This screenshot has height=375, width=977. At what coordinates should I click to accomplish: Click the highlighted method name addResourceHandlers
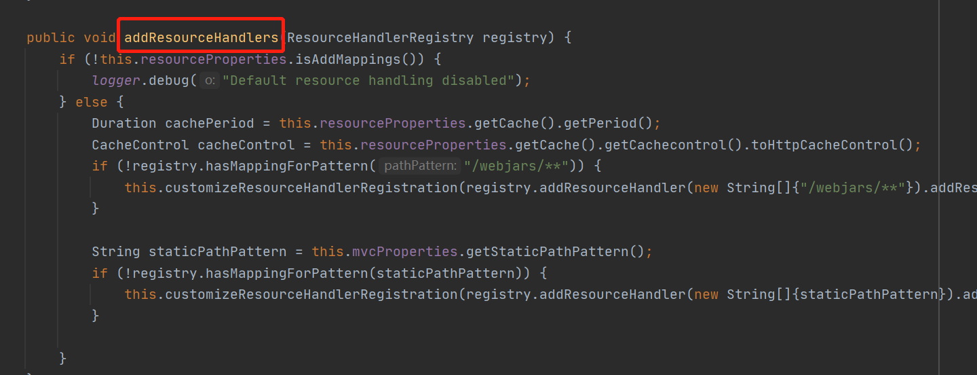click(x=201, y=37)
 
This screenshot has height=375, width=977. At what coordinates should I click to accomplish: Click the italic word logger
click(x=116, y=80)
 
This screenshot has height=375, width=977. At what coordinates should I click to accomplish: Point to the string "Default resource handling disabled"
click(x=368, y=80)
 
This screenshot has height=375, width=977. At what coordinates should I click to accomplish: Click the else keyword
click(x=92, y=102)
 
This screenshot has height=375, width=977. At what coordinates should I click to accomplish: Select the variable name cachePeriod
click(x=210, y=123)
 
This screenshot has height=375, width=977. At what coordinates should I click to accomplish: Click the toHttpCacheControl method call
click(x=824, y=145)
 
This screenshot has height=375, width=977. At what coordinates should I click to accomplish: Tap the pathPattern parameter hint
click(x=419, y=166)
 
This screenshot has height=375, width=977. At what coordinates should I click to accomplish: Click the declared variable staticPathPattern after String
click(x=218, y=251)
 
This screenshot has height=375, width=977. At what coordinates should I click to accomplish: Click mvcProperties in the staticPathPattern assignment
click(x=404, y=251)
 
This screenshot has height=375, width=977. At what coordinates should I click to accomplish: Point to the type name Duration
click(x=124, y=123)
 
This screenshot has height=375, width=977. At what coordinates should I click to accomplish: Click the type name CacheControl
click(x=140, y=145)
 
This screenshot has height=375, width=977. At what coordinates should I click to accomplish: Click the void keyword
click(x=100, y=37)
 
